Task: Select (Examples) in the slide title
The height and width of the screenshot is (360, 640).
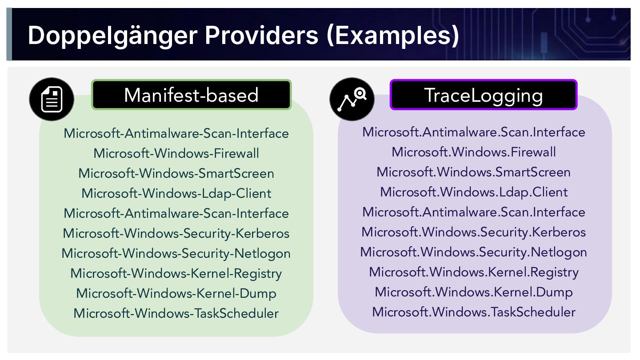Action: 392,35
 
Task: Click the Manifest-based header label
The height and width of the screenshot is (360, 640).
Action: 191,95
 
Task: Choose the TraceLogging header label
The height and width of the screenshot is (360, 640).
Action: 483,95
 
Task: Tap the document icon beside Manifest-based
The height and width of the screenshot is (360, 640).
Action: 52,99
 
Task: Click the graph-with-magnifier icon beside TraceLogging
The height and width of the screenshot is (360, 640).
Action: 352,99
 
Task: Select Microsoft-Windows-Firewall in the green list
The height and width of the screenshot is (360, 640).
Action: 176,153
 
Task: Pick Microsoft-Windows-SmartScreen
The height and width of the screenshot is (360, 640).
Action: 176,173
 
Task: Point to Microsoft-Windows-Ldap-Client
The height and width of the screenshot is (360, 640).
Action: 176,193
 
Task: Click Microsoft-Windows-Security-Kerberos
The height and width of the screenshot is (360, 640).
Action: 176,233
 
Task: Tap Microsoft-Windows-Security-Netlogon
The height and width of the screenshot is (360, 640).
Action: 176,253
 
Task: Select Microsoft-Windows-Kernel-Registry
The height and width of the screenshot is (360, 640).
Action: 176,273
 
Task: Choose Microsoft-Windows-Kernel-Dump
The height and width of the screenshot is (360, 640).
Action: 176,293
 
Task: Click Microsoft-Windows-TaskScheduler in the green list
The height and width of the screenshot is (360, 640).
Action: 176,313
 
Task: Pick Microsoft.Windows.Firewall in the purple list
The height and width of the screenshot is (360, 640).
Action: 474,152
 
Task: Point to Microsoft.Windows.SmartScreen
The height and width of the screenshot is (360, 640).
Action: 474,172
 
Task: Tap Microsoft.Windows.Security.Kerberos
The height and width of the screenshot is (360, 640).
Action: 474,232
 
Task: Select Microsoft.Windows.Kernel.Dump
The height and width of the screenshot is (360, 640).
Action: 474,292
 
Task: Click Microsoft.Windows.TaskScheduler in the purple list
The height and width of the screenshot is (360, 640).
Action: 474,312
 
